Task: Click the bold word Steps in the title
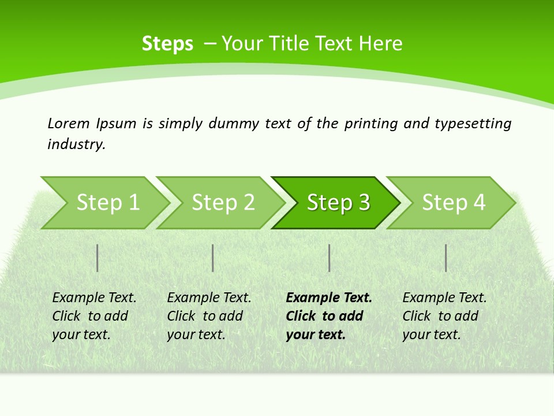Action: [167, 44]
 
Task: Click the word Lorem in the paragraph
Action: [69, 123]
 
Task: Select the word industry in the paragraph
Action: [76, 144]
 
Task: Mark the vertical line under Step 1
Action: [98, 258]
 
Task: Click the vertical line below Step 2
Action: [213, 258]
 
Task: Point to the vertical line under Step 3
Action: [329, 258]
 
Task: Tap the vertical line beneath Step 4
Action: [446, 258]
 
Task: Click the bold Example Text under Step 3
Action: [329, 298]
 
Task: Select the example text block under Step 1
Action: [94, 316]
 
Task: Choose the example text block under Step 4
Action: [444, 316]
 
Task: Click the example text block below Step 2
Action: [209, 316]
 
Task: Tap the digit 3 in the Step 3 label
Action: [364, 203]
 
